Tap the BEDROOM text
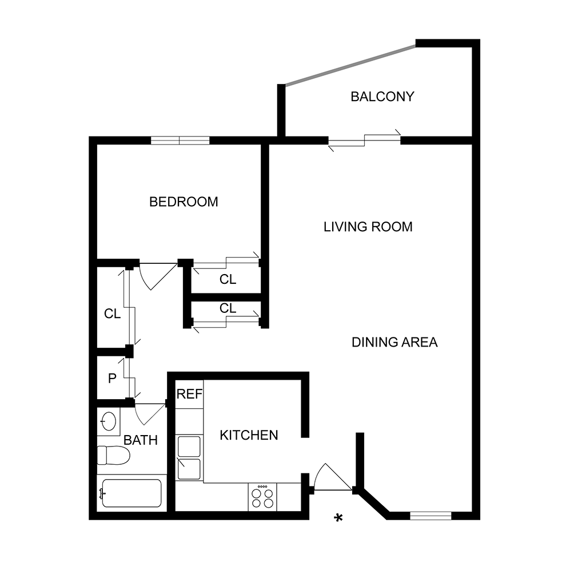[184, 202]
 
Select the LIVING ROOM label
[368, 227]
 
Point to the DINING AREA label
[394, 342]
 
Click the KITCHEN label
[249, 435]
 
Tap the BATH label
[141, 440]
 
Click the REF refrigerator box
[189, 394]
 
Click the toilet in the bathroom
[113, 455]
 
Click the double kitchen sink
[189, 457]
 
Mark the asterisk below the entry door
[338, 518]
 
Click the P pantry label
[112, 378]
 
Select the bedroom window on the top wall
[180, 140]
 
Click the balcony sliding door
[364, 140]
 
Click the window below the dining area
[431, 516]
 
